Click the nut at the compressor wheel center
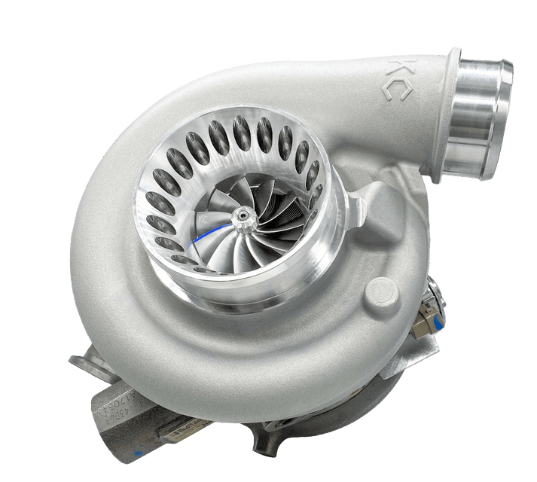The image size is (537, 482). [x=243, y=218]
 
